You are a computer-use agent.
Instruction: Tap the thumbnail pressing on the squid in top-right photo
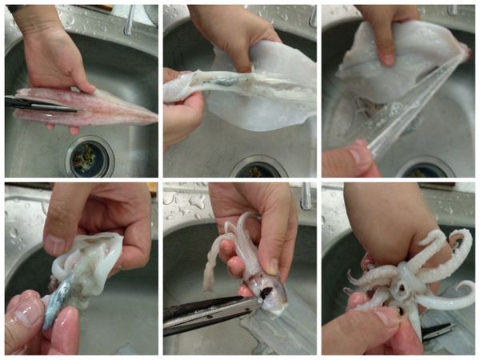pos(387,58)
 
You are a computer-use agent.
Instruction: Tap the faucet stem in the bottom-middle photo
pos(306,196)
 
